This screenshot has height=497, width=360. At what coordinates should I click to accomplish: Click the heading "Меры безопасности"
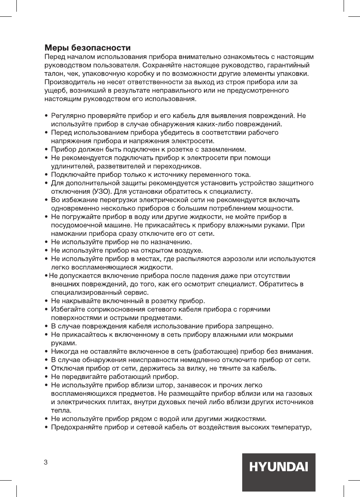pyautogui.click(x=87, y=48)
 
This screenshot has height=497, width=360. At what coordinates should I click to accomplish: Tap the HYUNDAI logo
pyautogui.click(x=278, y=467)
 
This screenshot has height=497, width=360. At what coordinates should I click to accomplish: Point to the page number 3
pyautogui.click(x=46, y=462)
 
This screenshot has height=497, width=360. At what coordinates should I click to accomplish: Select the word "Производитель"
pyautogui.click(x=67, y=82)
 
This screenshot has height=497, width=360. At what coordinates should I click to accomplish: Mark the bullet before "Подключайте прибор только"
pyautogui.click(x=46, y=175)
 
